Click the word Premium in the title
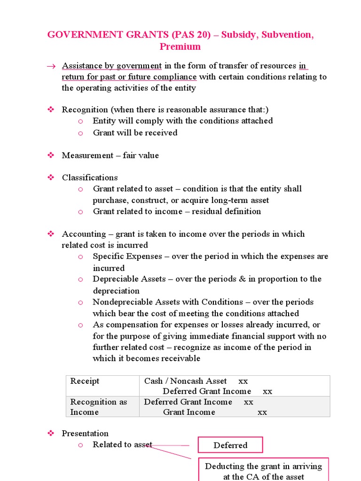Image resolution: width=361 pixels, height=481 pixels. pyautogui.click(x=180, y=47)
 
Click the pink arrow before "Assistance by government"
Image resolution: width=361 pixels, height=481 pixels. pyautogui.click(x=51, y=66)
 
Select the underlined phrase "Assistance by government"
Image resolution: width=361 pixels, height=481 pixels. pyautogui.click(x=112, y=66)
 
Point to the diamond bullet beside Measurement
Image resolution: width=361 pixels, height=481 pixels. pyautogui.click(x=51, y=155)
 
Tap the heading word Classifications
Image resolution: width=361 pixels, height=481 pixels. pyautogui.click(x=90, y=178)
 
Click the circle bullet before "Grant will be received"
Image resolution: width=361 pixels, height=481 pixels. pyautogui.click(x=80, y=133)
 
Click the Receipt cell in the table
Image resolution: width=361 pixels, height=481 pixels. pyautogui.click(x=85, y=381)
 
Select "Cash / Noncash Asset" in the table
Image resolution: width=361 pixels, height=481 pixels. pyautogui.click(x=185, y=381)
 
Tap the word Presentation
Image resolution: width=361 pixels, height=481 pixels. pyautogui.click(x=85, y=433)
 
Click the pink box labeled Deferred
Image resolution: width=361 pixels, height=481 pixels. pyautogui.click(x=230, y=445)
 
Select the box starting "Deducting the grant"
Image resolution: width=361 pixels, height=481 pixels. pyautogui.click(x=263, y=471)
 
